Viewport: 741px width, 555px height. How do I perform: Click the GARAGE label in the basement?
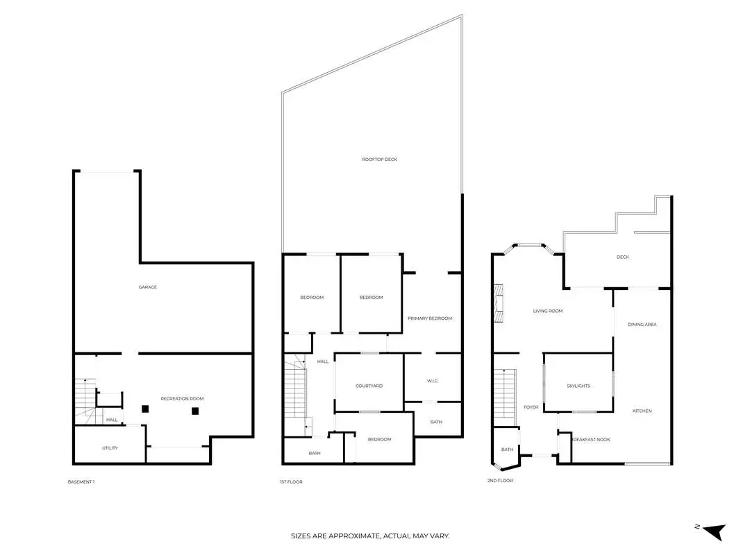click(x=147, y=287)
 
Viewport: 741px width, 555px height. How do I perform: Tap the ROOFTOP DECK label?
click(x=379, y=160)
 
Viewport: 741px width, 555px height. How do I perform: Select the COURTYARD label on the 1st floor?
click(x=369, y=386)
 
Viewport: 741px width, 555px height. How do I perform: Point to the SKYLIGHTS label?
click(x=578, y=386)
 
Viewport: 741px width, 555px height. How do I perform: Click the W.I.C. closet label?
click(x=433, y=381)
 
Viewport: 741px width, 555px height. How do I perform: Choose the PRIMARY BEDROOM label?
click(x=430, y=318)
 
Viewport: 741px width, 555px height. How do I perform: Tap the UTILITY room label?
click(x=110, y=448)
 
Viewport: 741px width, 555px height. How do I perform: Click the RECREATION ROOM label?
click(x=182, y=399)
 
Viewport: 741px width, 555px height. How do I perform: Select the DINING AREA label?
click(x=642, y=325)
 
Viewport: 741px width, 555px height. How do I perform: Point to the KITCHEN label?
click(x=642, y=411)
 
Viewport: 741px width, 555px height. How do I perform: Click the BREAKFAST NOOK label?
click(x=591, y=439)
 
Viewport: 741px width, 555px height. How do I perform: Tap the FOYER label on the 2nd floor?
click(x=531, y=407)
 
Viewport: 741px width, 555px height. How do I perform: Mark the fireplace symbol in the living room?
click(x=498, y=303)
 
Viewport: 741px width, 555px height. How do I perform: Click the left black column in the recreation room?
click(x=145, y=409)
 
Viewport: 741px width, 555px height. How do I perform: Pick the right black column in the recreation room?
click(x=195, y=411)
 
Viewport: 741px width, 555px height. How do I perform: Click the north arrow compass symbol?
click(x=714, y=531)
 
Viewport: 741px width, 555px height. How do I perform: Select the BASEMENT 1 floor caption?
click(x=81, y=482)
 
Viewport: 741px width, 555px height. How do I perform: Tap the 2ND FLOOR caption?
click(x=500, y=481)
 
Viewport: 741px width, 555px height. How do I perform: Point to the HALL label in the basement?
click(x=112, y=420)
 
